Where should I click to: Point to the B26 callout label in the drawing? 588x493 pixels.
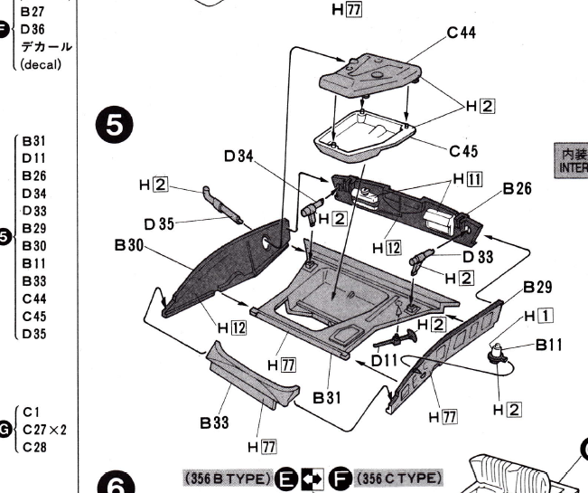point(518,189)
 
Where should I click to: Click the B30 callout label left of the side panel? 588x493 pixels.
point(131,245)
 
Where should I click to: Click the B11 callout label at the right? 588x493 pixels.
point(552,344)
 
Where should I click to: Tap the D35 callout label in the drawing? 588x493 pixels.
point(159,224)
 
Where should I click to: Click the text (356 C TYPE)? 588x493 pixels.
point(398,477)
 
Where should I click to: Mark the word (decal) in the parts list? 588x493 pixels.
point(40,65)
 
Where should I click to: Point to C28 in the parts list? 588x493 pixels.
point(36,446)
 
